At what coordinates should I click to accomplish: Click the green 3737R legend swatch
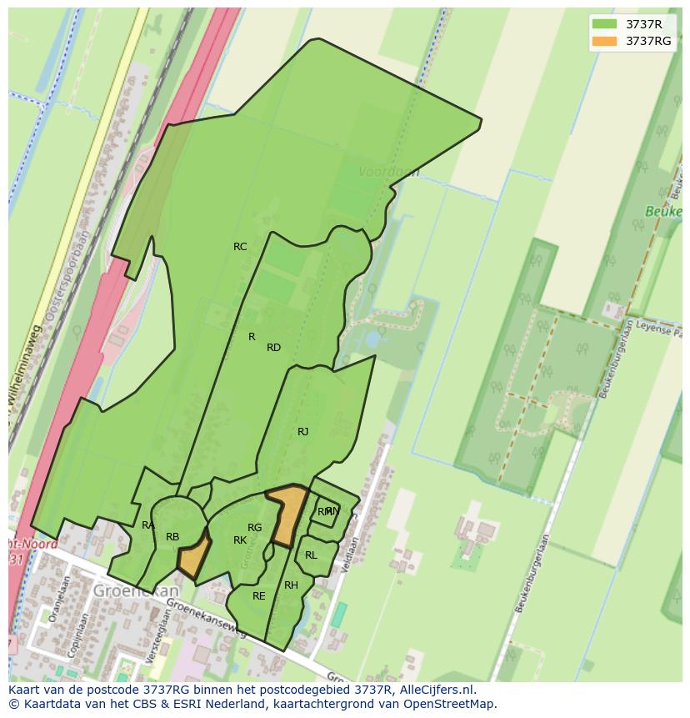[604, 24]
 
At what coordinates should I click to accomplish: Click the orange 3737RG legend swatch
[604, 41]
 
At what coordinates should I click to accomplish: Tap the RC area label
[240, 247]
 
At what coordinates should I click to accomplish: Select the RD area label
[273, 348]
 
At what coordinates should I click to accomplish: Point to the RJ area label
[302, 432]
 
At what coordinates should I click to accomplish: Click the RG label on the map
[254, 528]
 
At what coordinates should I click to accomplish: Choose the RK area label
[240, 540]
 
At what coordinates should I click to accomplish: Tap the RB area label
[172, 537]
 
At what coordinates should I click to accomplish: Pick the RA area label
[147, 525]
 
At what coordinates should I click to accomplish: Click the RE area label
[258, 596]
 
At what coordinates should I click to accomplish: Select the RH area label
[291, 585]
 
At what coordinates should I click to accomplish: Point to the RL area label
[311, 555]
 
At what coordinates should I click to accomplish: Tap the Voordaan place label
[388, 172]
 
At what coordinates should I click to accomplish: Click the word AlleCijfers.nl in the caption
[434, 690]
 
